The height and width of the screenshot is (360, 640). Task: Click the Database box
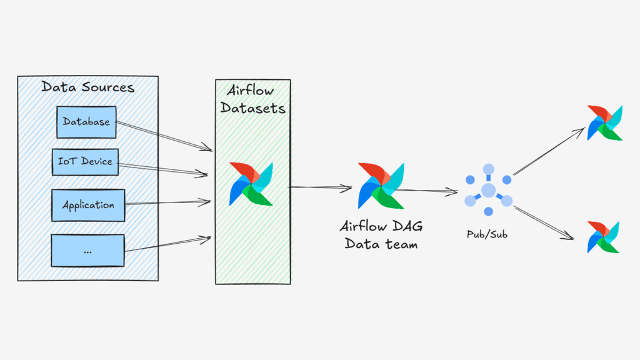[x=86, y=122]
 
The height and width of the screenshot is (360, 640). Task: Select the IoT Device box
[x=85, y=161]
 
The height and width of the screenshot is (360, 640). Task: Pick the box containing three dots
[x=87, y=251]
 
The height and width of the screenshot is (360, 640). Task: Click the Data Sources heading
[x=87, y=87]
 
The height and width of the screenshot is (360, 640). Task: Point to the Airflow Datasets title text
[x=252, y=99]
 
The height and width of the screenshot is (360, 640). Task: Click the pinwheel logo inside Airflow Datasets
[x=251, y=184]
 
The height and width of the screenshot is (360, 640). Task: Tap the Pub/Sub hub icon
[x=488, y=190]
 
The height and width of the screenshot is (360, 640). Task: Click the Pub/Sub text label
[x=487, y=234]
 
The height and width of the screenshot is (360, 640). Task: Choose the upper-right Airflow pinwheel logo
[x=605, y=123]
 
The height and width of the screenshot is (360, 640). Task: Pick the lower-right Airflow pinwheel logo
[x=604, y=237]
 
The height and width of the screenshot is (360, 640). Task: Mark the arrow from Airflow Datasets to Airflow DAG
[x=320, y=186]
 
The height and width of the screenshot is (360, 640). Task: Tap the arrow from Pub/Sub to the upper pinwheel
[x=547, y=152]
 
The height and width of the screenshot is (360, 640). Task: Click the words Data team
[x=381, y=244]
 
